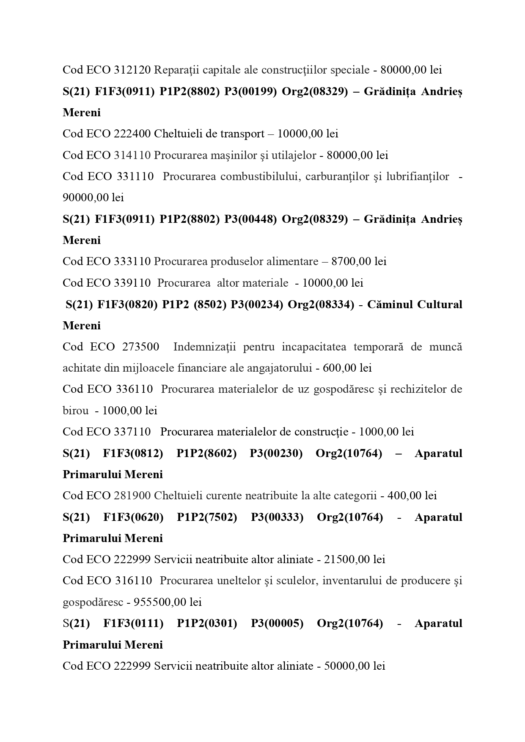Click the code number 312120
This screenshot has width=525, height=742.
coord(132,70)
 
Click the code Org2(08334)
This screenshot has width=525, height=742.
coord(321,304)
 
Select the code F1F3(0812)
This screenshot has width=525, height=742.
coord(133,453)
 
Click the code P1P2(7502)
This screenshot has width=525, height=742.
coord(207,517)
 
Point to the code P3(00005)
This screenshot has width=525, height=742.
coord(277,623)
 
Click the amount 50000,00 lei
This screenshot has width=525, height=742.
coord(355,666)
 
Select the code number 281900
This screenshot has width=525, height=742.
coord(132,496)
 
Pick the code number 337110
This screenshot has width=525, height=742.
coord(132,432)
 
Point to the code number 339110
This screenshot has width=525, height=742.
coord(132,282)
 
